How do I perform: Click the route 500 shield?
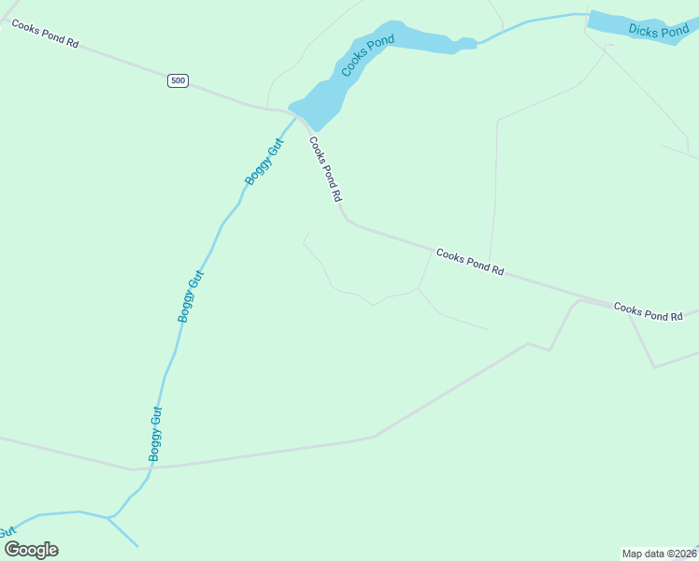point(178,80)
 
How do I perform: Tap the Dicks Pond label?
point(658,31)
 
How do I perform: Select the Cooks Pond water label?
point(367,55)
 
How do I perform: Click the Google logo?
point(31,549)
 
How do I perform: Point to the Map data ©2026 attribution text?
point(659,554)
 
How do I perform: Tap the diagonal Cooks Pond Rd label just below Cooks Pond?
point(326,170)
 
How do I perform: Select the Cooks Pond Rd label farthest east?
point(649,312)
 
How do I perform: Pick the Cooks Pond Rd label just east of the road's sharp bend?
point(470,263)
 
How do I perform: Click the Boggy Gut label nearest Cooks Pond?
point(264,161)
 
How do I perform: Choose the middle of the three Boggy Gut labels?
point(191,295)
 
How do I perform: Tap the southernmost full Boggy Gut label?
point(156,434)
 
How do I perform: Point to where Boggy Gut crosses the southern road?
point(150,467)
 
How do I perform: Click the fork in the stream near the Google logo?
point(109,517)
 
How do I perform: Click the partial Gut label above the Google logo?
point(8,531)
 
